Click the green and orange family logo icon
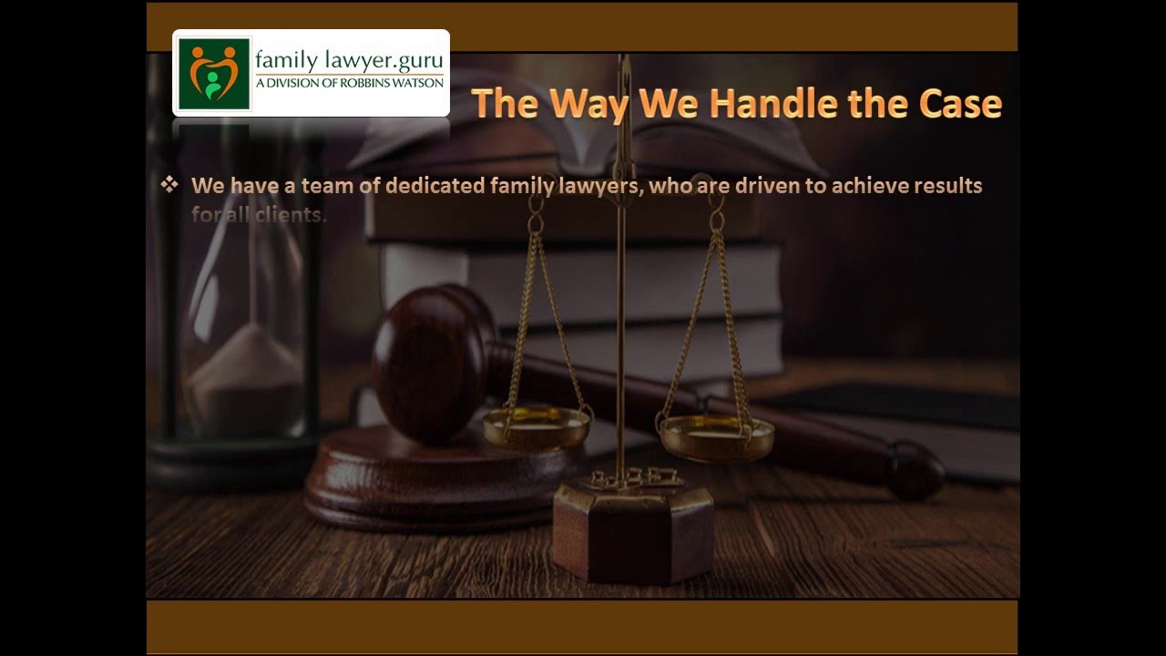tap(214, 74)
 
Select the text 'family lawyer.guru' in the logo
tap(349, 60)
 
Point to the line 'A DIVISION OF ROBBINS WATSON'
tap(349, 83)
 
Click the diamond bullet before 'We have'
tap(169, 185)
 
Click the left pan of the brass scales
tap(537, 426)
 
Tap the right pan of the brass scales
tap(716, 436)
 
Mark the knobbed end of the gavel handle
tap(915, 468)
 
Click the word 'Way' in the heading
tap(588, 103)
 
